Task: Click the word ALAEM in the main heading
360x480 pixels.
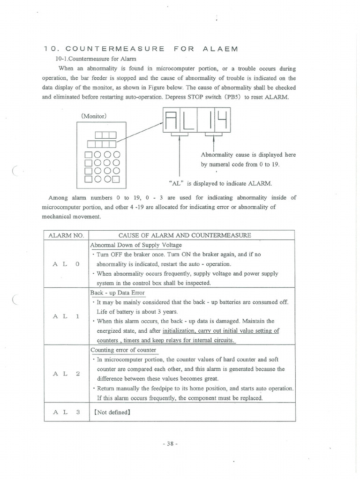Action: [x=220, y=49]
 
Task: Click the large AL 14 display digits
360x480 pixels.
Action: [x=196, y=121]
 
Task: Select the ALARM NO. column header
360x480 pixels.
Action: [x=66, y=235]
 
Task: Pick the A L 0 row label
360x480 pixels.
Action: [x=66, y=264]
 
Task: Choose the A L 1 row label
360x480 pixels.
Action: [x=66, y=316]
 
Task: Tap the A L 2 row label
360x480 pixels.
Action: [x=66, y=373]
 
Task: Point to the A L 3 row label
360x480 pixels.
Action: [x=66, y=412]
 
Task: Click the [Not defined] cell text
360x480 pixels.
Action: [x=112, y=413]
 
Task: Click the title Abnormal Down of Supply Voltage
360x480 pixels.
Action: [x=136, y=245]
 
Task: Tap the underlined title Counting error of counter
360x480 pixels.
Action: [x=124, y=350]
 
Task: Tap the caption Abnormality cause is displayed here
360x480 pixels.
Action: [x=248, y=155]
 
